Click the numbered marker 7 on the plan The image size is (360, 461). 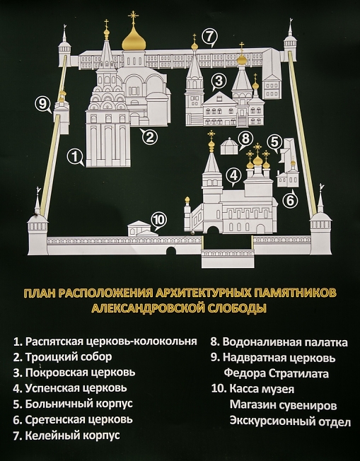209,37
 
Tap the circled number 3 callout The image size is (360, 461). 219,81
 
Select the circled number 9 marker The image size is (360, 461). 43,104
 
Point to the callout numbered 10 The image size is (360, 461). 159,220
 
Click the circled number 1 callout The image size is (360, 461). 75,157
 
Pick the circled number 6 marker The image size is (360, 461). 290,200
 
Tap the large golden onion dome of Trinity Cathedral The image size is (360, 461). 134,40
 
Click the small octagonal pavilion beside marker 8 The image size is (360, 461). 229,146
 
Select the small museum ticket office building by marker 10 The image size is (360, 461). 142,229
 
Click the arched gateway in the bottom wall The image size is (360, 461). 171,251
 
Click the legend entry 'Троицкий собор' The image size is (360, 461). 63,357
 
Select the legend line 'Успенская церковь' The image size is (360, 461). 70,388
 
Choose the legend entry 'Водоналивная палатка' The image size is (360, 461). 279,342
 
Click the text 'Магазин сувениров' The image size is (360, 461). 283,405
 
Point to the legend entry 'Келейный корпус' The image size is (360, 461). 66,435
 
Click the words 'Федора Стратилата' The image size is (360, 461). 276,373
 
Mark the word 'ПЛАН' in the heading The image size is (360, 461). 40,293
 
